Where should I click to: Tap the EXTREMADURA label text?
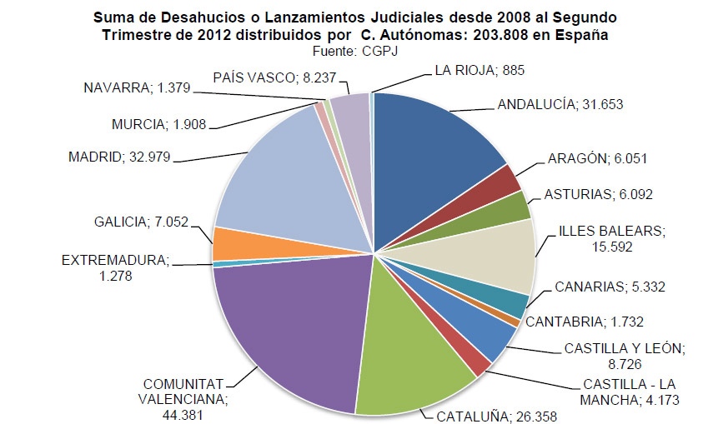[x=115, y=260]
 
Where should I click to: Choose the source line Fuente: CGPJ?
[x=354, y=49]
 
